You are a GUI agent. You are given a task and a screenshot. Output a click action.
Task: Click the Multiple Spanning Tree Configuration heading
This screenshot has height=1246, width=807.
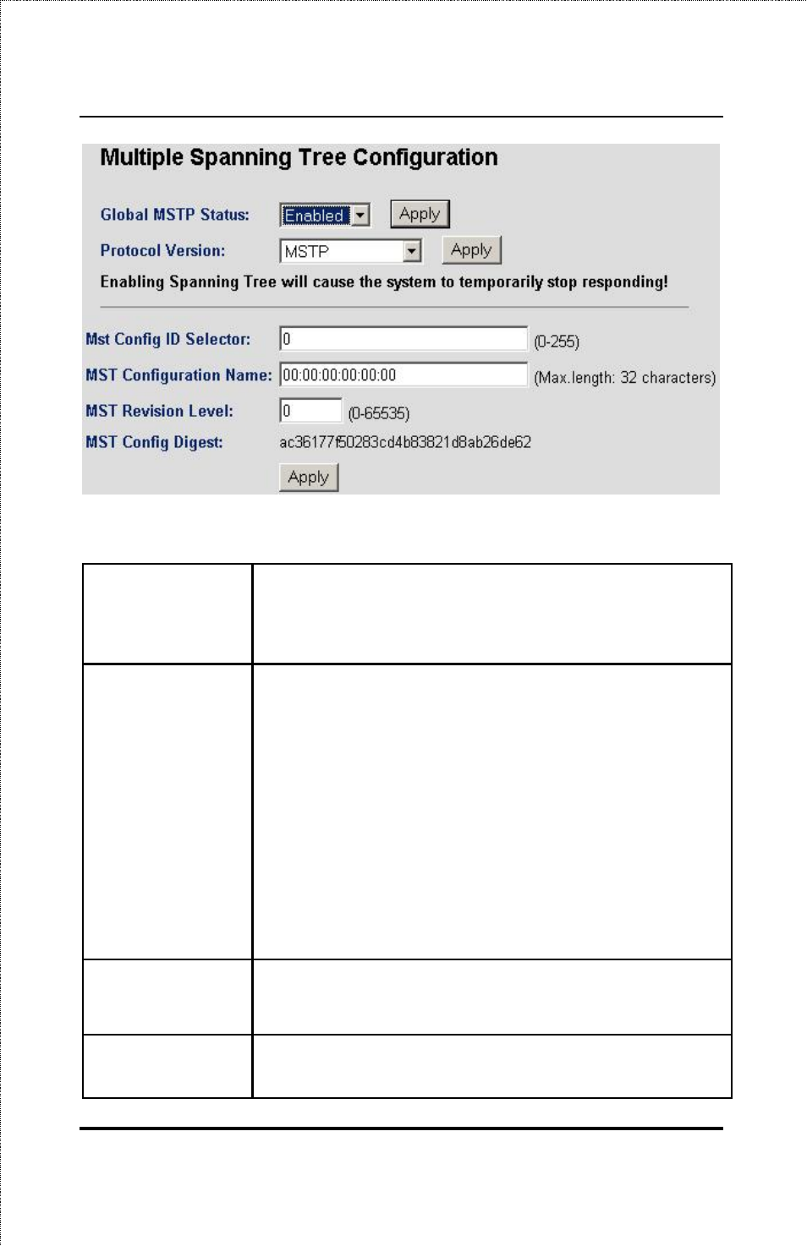[x=299, y=158]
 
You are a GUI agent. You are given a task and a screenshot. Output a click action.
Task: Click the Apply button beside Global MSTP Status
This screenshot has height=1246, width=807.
[x=420, y=214]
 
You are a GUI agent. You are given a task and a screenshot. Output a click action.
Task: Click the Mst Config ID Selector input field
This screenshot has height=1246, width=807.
[x=403, y=339]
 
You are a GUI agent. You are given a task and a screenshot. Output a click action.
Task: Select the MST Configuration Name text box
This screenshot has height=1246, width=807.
[x=403, y=375]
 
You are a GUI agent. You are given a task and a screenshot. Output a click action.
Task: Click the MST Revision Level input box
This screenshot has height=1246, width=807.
[x=310, y=411]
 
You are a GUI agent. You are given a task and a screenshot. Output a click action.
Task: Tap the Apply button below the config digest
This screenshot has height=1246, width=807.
[x=309, y=478]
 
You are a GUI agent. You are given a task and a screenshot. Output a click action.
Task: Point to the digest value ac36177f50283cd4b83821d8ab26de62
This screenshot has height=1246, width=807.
[x=405, y=442]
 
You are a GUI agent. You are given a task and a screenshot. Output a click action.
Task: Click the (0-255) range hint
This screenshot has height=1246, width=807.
[x=557, y=342]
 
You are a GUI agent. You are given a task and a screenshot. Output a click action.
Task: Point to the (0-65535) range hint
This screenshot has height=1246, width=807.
[x=379, y=413]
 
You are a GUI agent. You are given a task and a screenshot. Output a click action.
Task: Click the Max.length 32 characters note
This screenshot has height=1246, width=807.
[x=624, y=378]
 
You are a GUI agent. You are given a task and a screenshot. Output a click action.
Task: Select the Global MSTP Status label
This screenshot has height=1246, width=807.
[x=175, y=215]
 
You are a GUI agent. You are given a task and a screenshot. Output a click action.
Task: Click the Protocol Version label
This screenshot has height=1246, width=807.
[x=163, y=250]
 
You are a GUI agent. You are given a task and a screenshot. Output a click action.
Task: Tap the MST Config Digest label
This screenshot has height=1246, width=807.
[x=154, y=442]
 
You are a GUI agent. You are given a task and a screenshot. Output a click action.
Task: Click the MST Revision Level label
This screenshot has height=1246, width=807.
[x=159, y=411]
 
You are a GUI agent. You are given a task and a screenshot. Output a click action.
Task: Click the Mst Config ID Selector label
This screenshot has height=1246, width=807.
[x=168, y=339]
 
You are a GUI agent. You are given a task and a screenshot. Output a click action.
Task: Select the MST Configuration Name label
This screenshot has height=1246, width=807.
[x=178, y=375]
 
